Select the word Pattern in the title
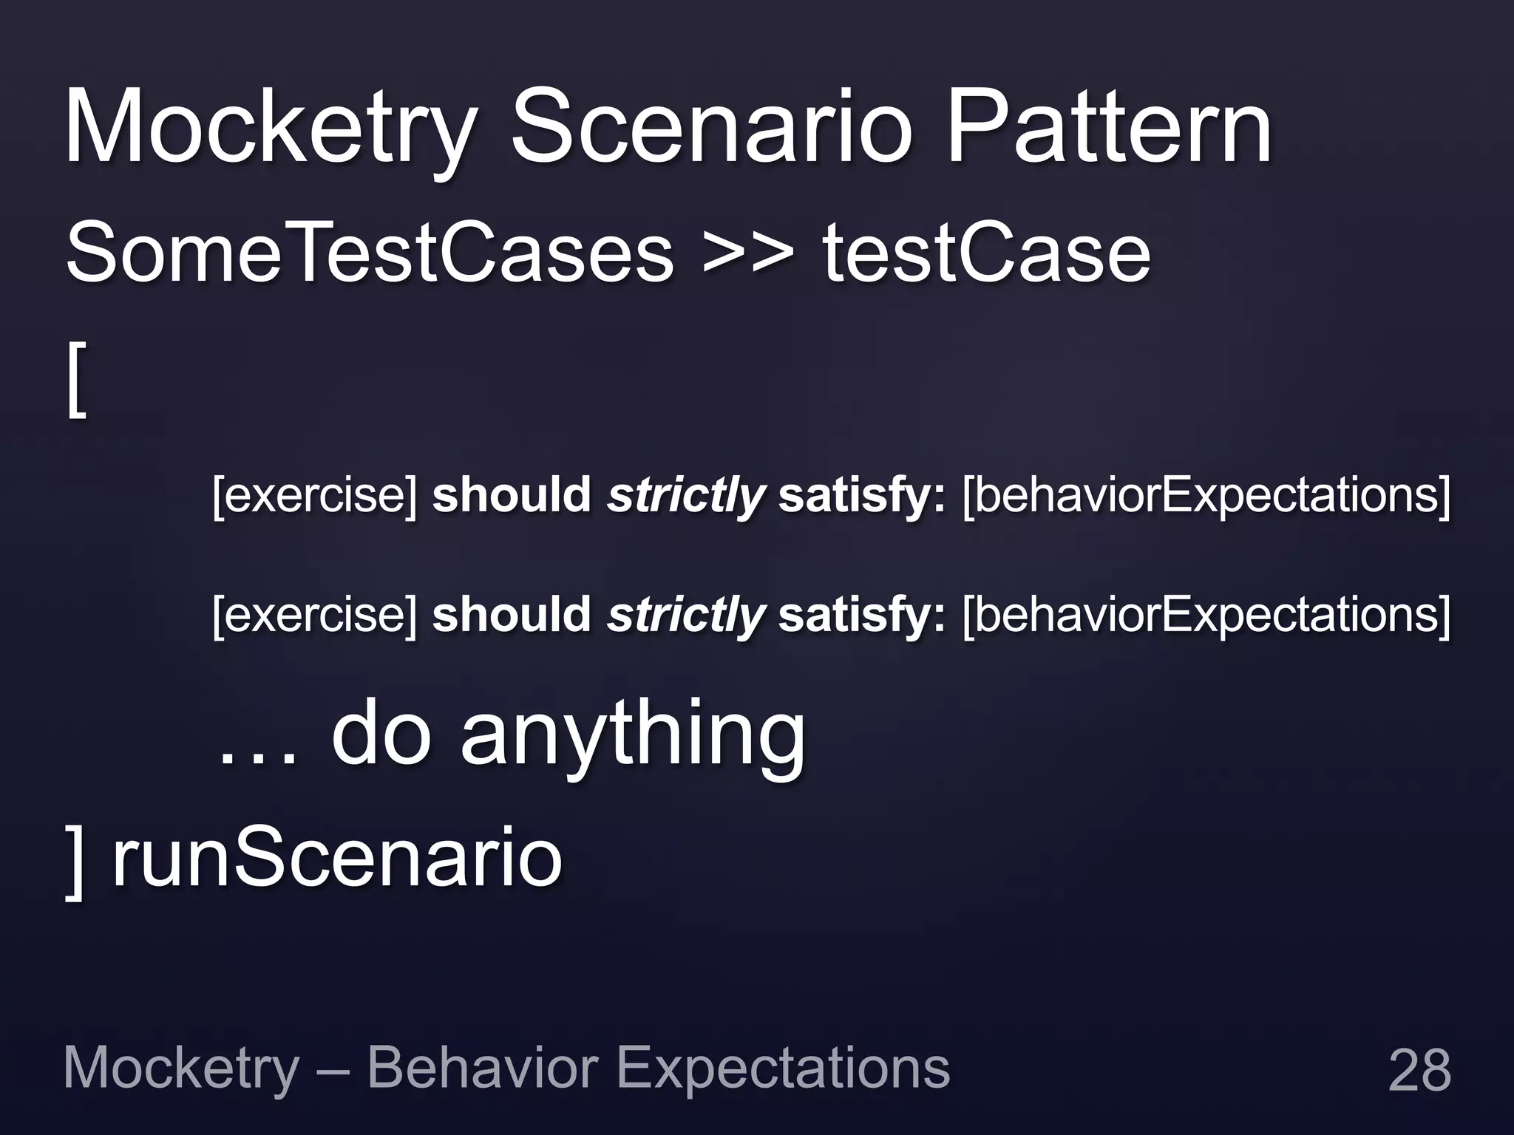(x=1109, y=127)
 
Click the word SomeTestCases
(x=370, y=253)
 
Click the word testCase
(x=987, y=253)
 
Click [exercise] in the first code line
(x=315, y=495)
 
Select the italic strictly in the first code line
(x=685, y=495)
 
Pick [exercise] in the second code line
(x=315, y=615)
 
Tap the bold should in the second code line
(x=511, y=615)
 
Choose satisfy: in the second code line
(x=862, y=615)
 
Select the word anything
(x=633, y=736)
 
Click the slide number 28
(x=1419, y=1069)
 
